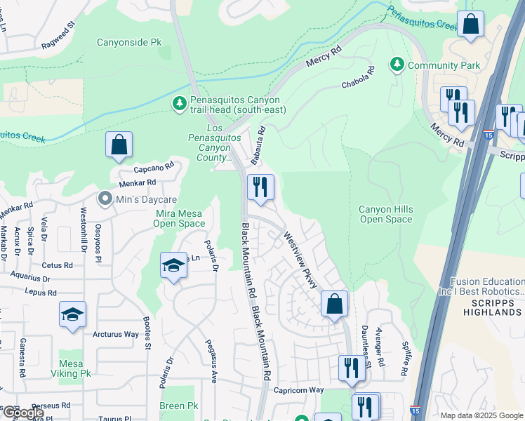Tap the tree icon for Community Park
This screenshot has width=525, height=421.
[x=397, y=65]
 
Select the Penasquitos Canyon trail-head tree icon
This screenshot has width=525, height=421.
[x=180, y=104]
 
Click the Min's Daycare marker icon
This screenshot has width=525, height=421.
[x=105, y=200]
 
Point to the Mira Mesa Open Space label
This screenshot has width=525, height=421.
[x=179, y=218]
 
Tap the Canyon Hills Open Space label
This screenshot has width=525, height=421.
[x=385, y=215]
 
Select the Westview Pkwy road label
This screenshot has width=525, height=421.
[x=301, y=260]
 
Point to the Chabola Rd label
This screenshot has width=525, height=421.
[x=359, y=79]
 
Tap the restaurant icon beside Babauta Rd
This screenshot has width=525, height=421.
[x=260, y=187]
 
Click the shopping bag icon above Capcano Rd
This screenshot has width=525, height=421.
[x=119, y=145]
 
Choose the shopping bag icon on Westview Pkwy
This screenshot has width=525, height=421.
[x=335, y=305]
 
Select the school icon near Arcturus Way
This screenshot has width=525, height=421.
[x=72, y=315]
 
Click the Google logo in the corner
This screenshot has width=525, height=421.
[x=23, y=413]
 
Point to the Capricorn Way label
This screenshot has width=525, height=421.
[x=298, y=390]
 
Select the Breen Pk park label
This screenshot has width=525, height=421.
[x=178, y=406]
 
